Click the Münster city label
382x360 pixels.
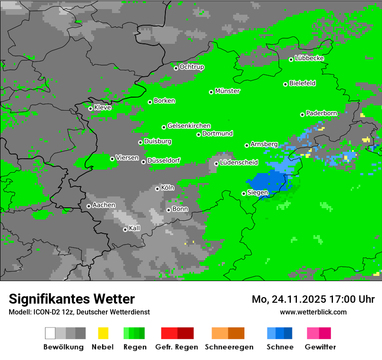[x=227, y=91]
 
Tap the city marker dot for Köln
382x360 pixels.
[x=157, y=189]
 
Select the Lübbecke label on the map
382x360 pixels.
[x=309, y=58]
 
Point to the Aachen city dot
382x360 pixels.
[x=89, y=206]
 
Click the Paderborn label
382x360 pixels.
[x=321, y=113]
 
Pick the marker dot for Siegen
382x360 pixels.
[x=244, y=193]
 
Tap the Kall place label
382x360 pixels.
[x=135, y=228]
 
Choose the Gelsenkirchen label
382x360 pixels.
[x=189, y=126]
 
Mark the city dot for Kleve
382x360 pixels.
[x=90, y=108]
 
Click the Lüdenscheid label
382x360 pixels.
[x=239, y=163]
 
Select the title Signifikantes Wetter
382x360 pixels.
[x=72, y=299]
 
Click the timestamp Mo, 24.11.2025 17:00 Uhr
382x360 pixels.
[x=313, y=299]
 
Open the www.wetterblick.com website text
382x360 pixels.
[x=313, y=312]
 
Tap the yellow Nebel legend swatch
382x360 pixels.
[x=103, y=333]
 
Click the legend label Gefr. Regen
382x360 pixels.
[x=177, y=347]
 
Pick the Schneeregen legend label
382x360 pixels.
[x=228, y=347]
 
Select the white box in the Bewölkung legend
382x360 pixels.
[x=50, y=333]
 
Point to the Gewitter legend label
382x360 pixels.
[x=320, y=347]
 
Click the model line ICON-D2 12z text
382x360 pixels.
[x=79, y=312]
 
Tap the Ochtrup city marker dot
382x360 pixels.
[x=176, y=68]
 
